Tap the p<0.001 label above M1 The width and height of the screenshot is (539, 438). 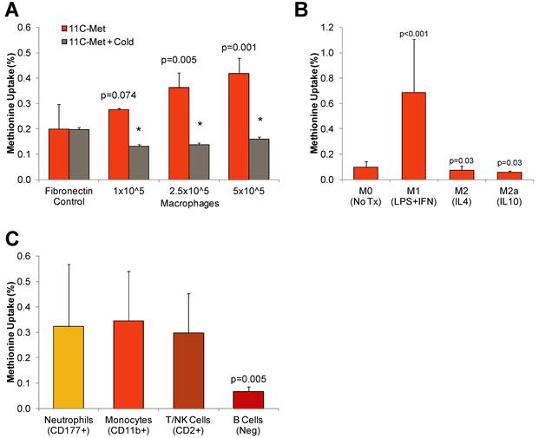tap(415, 33)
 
